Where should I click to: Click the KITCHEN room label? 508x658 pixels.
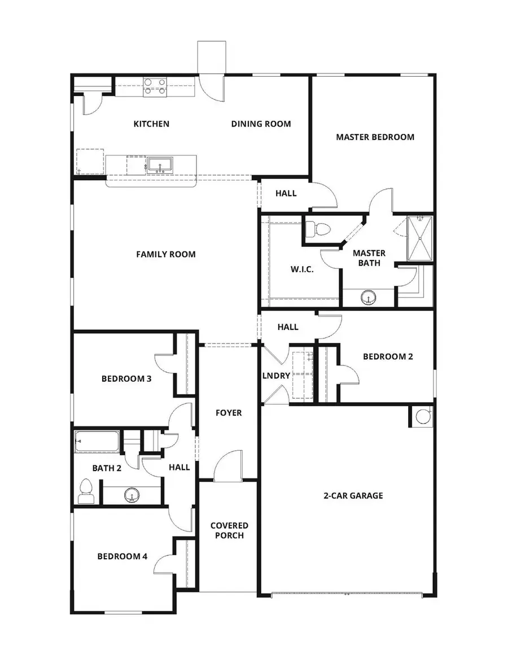(151, 124)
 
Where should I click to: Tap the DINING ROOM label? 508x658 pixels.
(261, 124)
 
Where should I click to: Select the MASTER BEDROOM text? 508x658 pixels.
(375, 137)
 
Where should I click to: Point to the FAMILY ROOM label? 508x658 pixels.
(166, 254)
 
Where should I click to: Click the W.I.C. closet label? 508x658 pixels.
(302, 269)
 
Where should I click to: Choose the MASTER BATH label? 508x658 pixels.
(369, 258)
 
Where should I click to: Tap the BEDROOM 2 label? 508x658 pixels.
(388, 356)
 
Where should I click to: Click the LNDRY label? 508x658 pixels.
(277, 376)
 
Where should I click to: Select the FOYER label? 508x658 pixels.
(229, 413)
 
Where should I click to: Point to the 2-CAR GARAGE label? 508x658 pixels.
(353, 495)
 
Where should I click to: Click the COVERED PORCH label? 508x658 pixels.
(229, 530)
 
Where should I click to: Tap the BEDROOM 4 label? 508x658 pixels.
(122, 556)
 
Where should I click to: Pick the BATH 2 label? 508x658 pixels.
(107, 467)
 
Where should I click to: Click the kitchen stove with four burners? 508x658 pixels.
(155, 86)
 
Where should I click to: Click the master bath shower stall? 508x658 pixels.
(421, 238)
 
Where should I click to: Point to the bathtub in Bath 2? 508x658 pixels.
(97, 442)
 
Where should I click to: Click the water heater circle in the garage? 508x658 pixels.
(422, 416)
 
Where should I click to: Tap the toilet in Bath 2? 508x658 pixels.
(86, 490)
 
